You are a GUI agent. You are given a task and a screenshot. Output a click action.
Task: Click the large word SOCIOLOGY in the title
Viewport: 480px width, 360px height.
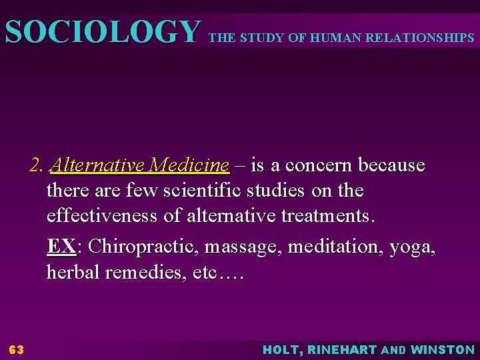tap(102, 32)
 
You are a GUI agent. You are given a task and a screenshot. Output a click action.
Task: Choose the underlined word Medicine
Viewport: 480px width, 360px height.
tap(189, 165)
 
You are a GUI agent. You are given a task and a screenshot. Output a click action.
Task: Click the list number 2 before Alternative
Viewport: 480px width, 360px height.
tap(37, 165)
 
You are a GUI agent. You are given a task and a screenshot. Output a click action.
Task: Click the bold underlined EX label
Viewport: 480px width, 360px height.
tap(61, 247)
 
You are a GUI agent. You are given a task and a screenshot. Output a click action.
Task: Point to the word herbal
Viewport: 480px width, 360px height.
tap(72, 273)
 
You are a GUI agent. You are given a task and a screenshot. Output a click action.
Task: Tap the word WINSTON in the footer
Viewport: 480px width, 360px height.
tap(443, 349)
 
